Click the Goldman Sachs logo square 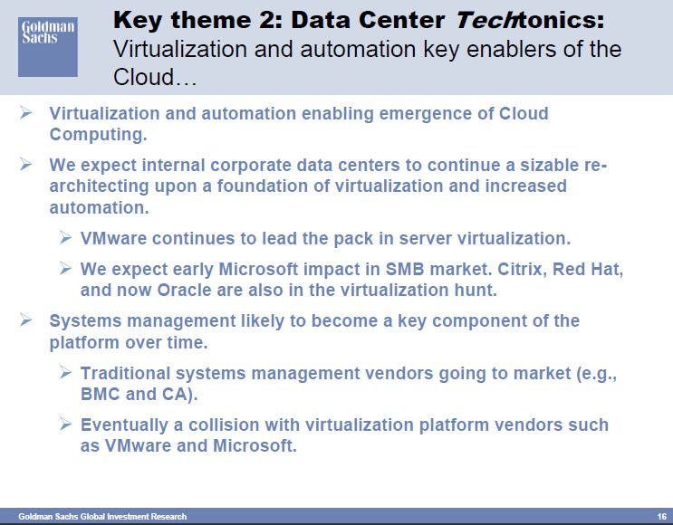click(48, 47)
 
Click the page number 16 click(661, 517)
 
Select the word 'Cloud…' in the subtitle click(155, 77)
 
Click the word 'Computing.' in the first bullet click(99, 135)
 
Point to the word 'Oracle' click(184, 291)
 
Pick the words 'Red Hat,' click(588, 270)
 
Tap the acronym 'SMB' click(405, 270)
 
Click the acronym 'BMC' click(100, 394)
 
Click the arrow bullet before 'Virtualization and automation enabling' click(25, 113)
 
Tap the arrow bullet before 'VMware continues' click(65, 238)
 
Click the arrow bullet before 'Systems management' click(25, 320)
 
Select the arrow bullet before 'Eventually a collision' click(65, 425)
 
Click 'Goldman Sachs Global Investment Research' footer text click(102, 517)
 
